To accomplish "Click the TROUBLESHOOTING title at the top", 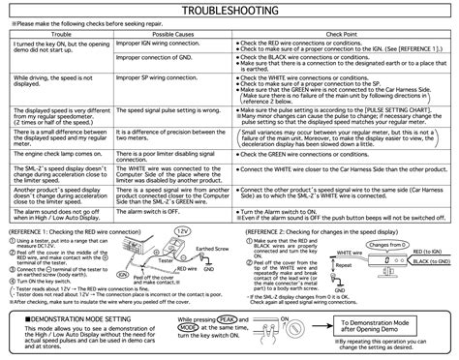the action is (x=229, y=11).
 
